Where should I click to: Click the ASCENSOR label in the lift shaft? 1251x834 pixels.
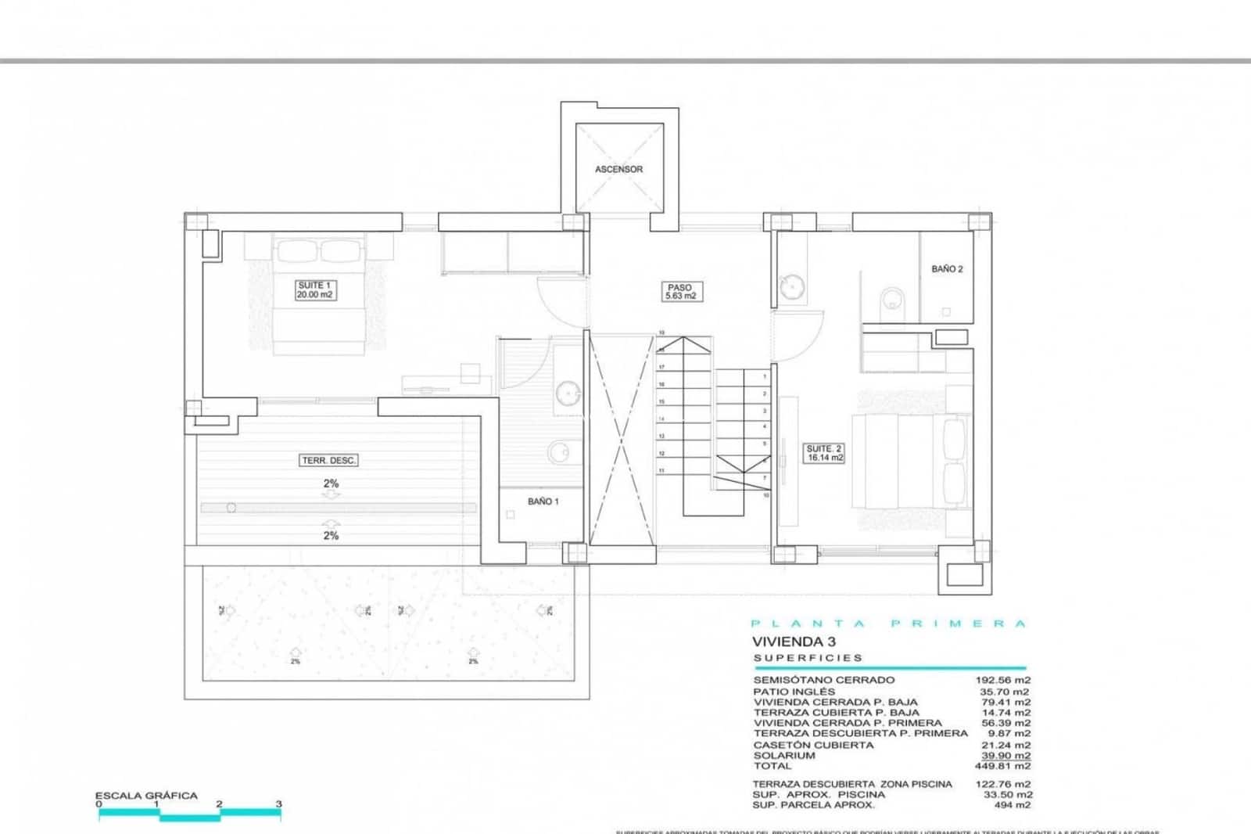[x=618, y=169]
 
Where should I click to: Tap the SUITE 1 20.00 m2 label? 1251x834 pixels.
[x=315, y=290]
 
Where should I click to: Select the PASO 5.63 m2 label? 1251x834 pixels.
[x=679, y=292]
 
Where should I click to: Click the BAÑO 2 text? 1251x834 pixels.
[x=947, y=269]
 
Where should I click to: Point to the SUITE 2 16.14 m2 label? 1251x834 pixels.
[x=824, y=453]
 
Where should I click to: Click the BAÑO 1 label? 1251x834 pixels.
[x=543, y=501]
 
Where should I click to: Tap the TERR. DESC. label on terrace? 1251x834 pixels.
[x=329, y=461]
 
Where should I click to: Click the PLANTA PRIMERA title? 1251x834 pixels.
[x=887, y=624]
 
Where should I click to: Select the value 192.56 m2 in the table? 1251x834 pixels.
[x=1002, y=680]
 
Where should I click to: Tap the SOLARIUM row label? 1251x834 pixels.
[x=783, y=756]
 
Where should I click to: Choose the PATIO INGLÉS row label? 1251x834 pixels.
[x=794, y=692]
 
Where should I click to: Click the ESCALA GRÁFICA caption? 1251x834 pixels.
[x=146, y=796]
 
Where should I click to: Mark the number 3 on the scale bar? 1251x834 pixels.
[x=278, y=803]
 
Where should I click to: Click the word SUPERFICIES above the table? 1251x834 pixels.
[x=808, y=658]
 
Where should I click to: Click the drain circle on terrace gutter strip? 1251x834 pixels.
[x=231, y=508]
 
